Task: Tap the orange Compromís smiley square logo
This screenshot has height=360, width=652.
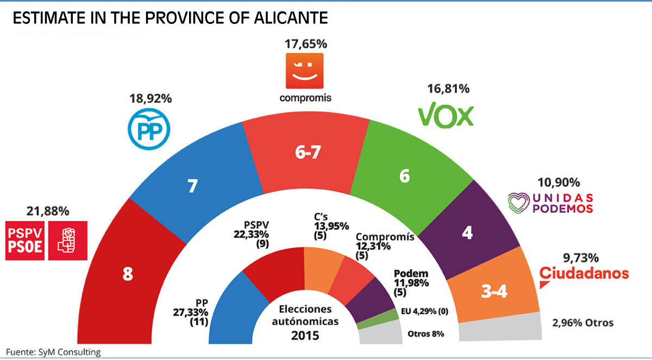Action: (x=304, y=71)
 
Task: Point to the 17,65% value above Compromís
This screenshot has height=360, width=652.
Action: (x=306, y=43)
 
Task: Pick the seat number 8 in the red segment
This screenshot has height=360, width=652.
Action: (x=128, y=274)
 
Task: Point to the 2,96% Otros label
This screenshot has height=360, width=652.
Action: (x=583, y=323)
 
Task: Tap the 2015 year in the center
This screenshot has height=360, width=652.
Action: (x=305, y=335)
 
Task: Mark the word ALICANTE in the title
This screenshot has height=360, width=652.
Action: (x=291, y=18)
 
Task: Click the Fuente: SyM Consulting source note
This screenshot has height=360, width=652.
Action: (x=53, y=352)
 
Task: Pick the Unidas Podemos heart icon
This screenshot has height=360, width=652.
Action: (x=519, y=203)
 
